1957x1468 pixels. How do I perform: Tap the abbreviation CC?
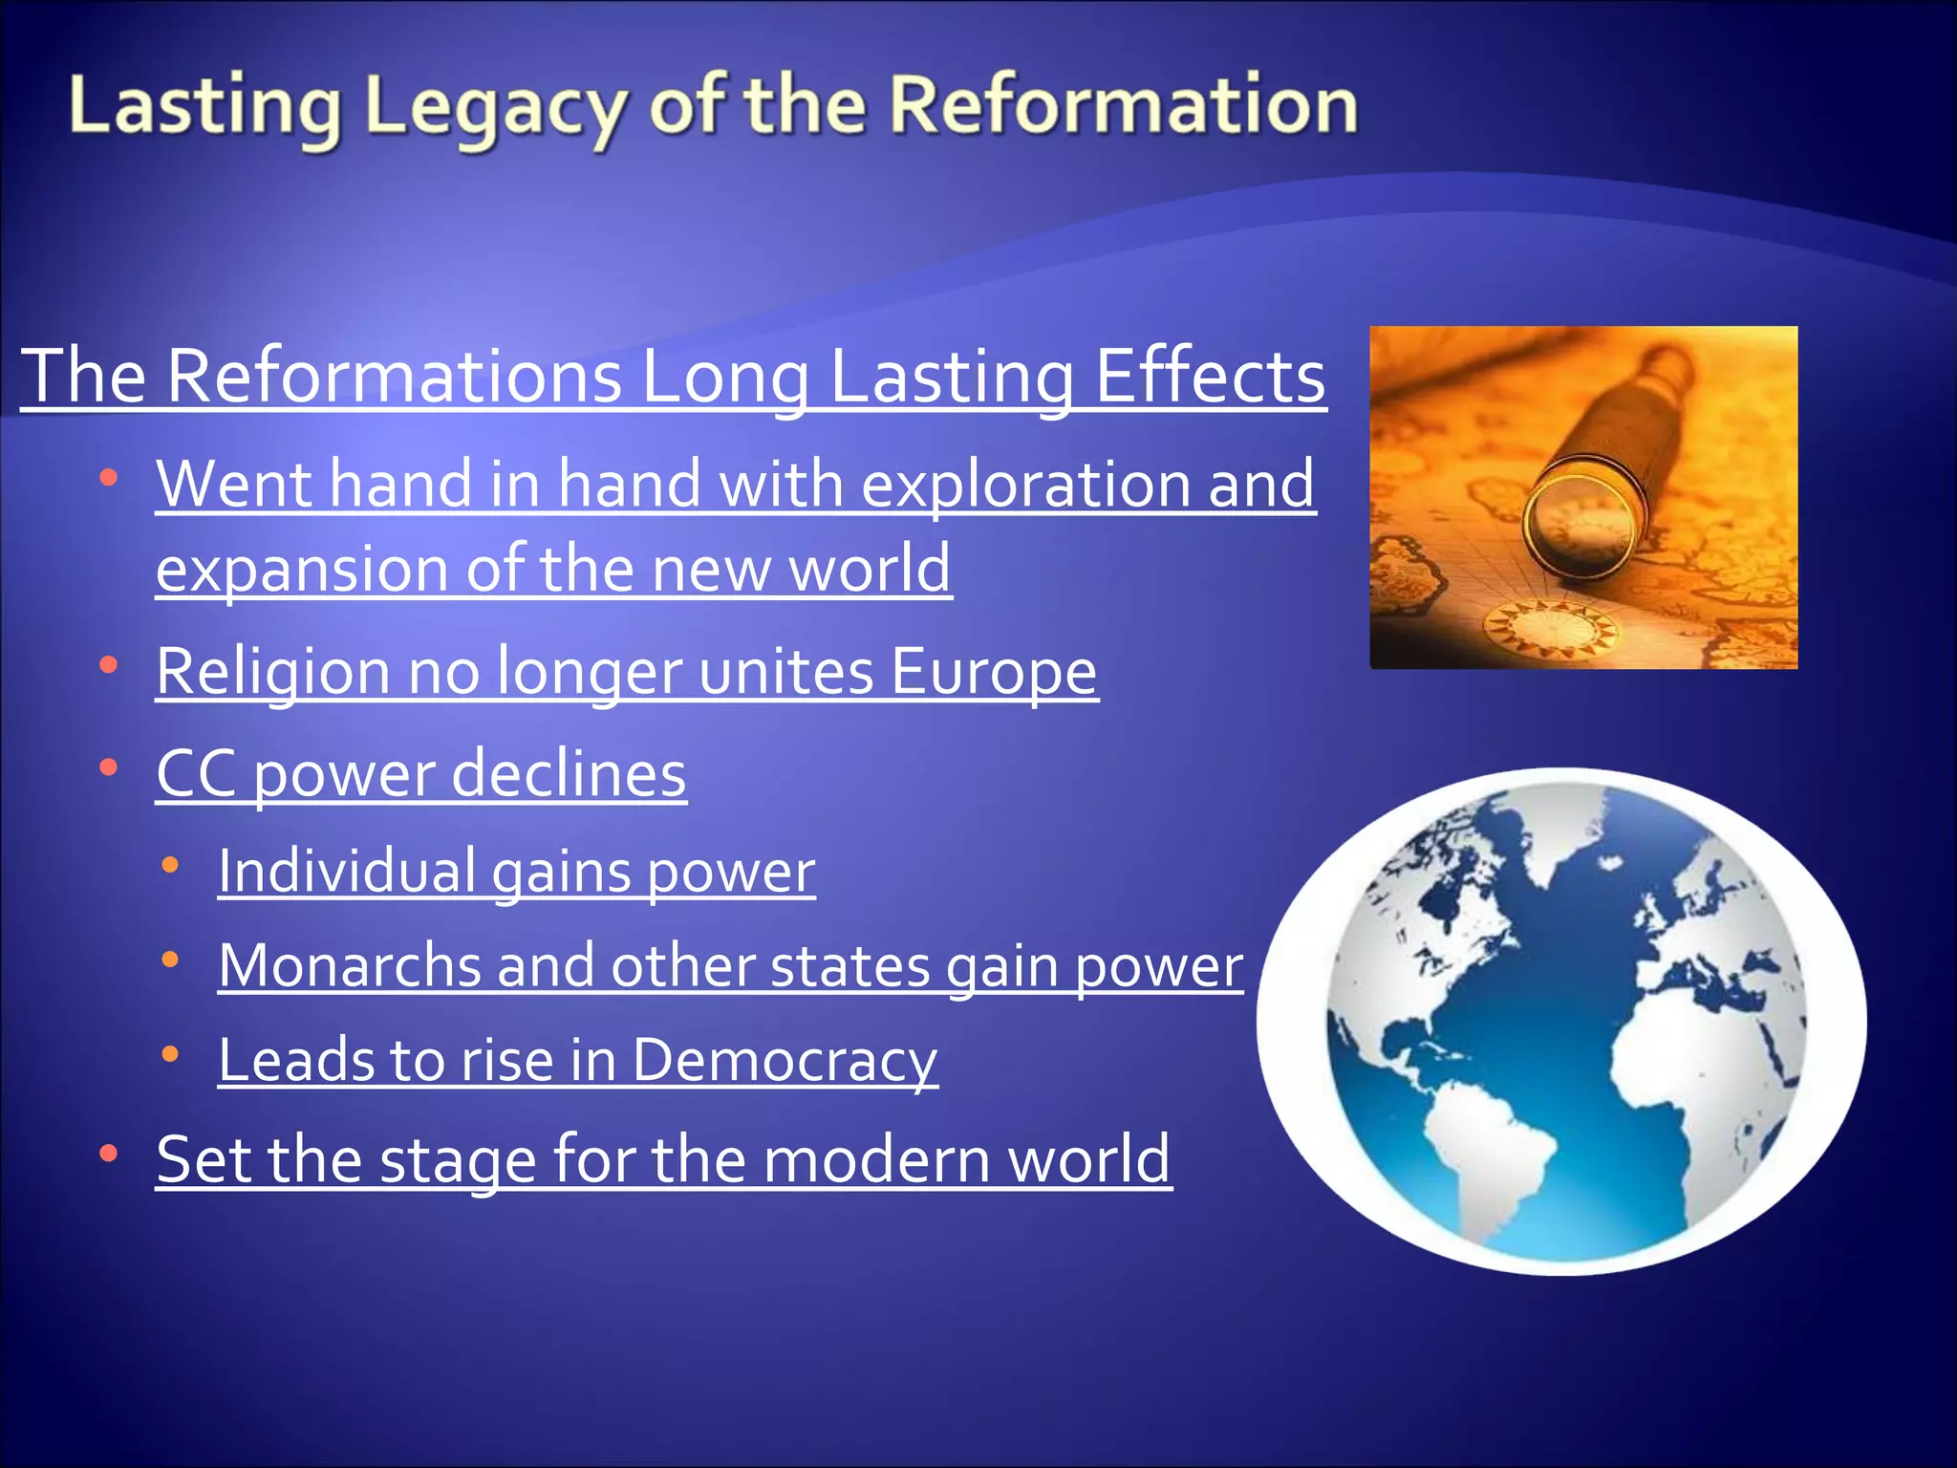[x=196, y=773]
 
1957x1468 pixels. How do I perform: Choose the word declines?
[x=569, y=773]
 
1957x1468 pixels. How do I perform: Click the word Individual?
[x=347, y=871]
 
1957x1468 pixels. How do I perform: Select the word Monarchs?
[x=349, y=965]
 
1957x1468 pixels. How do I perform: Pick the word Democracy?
[x=784, y=1060]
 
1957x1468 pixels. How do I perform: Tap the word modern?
[x=876, y=1159]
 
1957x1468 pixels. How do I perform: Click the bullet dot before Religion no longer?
[x=108, y=664]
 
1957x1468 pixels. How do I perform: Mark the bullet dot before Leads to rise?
[x=170, y=1054]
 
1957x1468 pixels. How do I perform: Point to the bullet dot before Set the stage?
[x=108, y=1154]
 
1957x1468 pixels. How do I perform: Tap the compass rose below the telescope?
[x=1550, y=629]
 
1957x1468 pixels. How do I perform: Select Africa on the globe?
[x=1710, y=1061]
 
